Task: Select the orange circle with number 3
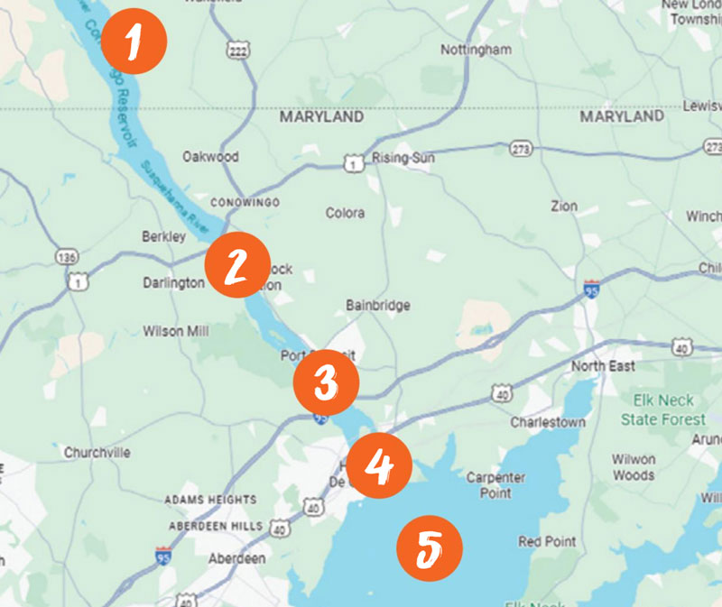click(x=326, y=383)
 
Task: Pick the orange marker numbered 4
click(x=379, y=465)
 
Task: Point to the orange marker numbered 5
click(x=429, y=547)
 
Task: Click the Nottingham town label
click(x=476, y=50)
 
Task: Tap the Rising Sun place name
click(x=403, y=158)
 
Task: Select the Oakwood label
click(x=210, y=156)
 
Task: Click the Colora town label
click(x=345, y=213)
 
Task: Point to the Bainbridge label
click(x=377, y=306)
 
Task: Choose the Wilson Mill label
click(x=176, y=331)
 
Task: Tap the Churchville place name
click(x=97, y=452)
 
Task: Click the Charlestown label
click(x=548, y=421)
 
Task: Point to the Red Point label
click(x=547, y=541)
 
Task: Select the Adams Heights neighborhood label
click(x=209, y=499)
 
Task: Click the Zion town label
click(x=564, y=206)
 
